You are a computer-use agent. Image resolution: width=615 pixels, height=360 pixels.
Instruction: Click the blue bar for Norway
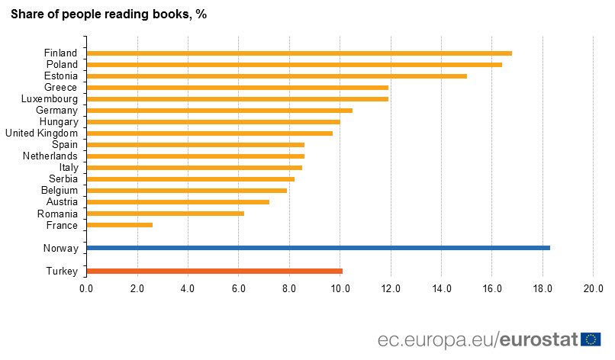click(318, 248)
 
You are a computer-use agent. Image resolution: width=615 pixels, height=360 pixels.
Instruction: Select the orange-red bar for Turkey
click(214, 271)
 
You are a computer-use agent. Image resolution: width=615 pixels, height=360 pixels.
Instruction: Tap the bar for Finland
click(299, 53)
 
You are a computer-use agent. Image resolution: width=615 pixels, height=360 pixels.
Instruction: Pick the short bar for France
click(120, 225)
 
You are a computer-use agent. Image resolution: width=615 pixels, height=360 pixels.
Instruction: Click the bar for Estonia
click(277, 76)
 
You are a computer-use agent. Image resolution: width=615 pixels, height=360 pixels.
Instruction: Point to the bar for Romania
click(166, 214)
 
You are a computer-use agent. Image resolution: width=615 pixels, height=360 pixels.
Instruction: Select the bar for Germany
click(220, 111)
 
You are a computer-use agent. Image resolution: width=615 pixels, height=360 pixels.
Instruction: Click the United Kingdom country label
click(41, 133)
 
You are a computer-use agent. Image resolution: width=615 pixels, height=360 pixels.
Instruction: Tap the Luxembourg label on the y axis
click(50, 99)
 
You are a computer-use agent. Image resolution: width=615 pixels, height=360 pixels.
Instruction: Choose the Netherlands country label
click(50, 156)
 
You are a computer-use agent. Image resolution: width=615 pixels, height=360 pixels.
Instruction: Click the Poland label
click(61, 65)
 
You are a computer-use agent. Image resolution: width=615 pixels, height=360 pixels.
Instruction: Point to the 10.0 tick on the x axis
click(340, 288)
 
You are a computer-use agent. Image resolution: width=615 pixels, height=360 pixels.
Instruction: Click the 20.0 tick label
click(593, 288)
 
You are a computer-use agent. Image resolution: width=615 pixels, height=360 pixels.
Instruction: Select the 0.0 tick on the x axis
click(86, 288)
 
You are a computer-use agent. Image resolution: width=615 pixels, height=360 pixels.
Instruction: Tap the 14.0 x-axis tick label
click(442, 288)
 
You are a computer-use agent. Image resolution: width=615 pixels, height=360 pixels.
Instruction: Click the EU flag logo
click(591, 339)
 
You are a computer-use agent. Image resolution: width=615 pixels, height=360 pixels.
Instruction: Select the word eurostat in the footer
click(539, 339)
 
